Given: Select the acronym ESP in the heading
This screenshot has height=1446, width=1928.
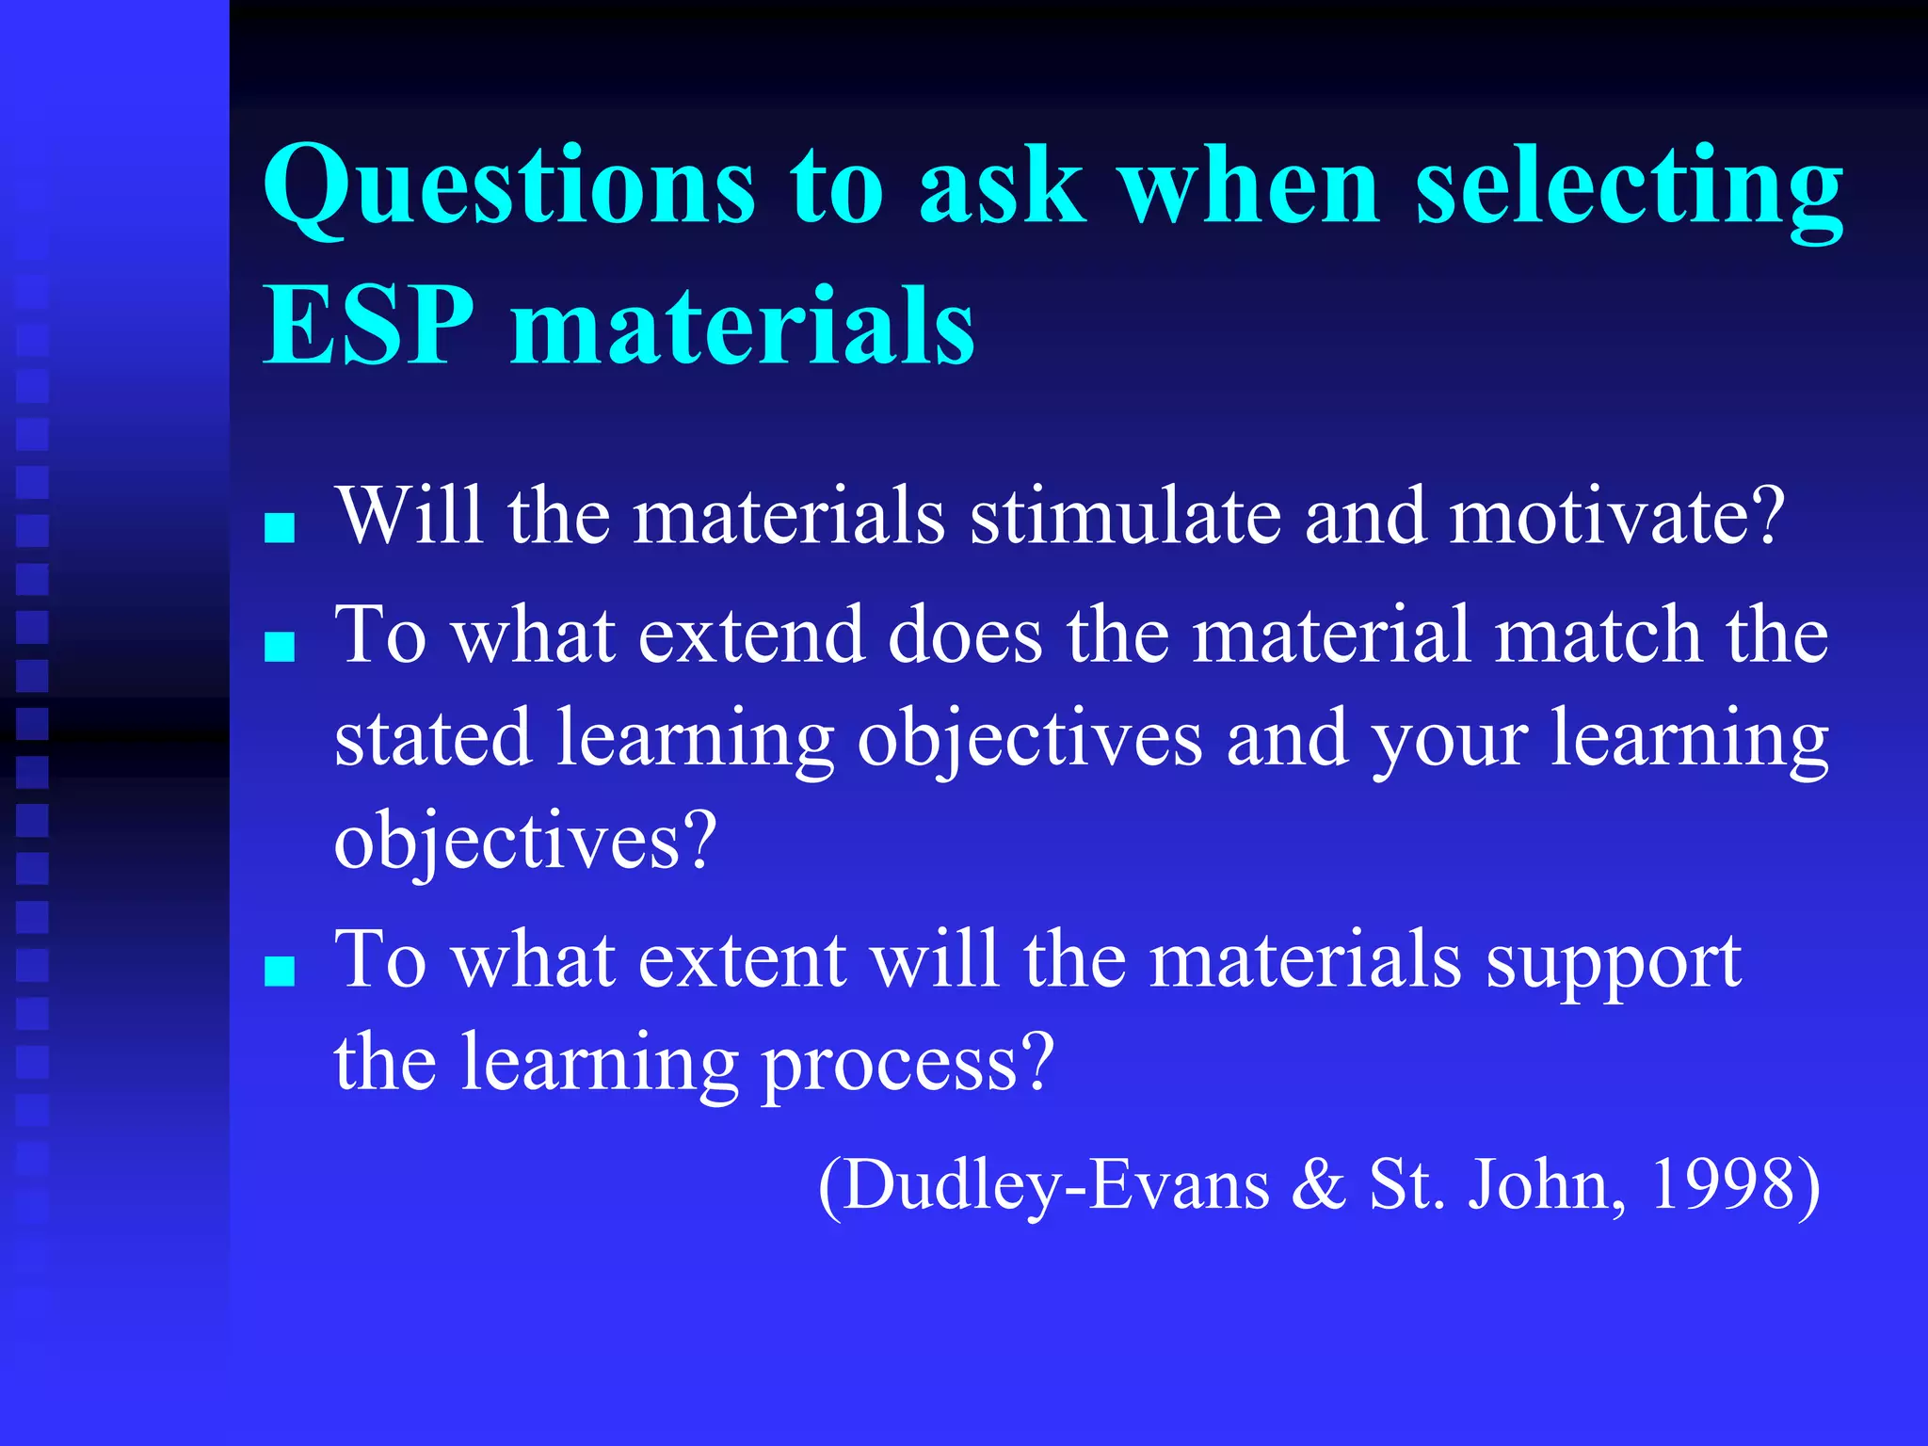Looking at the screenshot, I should point(368,326).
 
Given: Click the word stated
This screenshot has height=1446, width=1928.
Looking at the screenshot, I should point(433,739).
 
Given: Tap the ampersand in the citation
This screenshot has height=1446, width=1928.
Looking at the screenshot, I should point(1318,1184).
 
